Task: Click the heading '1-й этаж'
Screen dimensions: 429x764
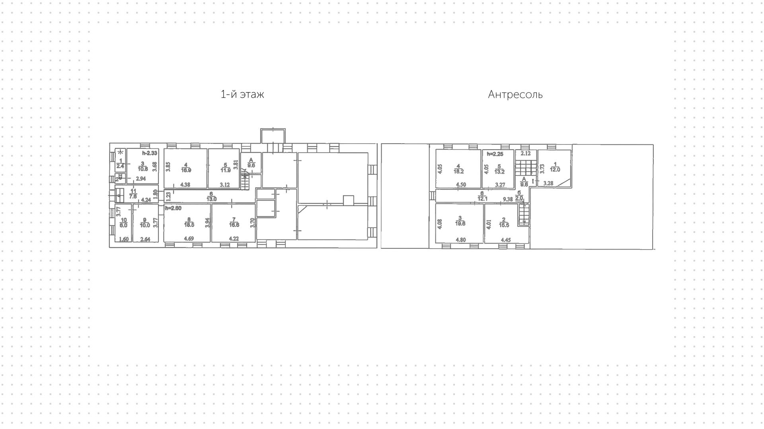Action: coord(242,94)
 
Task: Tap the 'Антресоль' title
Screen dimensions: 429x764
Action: coord(515,95)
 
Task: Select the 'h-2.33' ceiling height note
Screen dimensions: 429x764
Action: coord(150,153)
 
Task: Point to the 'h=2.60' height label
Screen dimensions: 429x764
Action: coord(173,208)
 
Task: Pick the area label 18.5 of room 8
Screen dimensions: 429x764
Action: coord(189,225)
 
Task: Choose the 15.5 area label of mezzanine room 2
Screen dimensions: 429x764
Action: coord(504,225)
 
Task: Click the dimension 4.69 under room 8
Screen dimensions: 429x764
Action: coord(189,239)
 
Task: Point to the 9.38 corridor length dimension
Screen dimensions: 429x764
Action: coord(507,199)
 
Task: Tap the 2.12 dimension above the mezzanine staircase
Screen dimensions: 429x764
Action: coord(525,154)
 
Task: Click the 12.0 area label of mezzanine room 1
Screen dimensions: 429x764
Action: coord(555,170)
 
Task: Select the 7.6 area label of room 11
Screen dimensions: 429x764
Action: coord(134,196)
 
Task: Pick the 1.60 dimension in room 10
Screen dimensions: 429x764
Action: coord(124,239)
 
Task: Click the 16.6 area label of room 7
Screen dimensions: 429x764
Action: coord(234,225)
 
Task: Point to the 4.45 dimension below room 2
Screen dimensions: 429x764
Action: coord(506,240)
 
